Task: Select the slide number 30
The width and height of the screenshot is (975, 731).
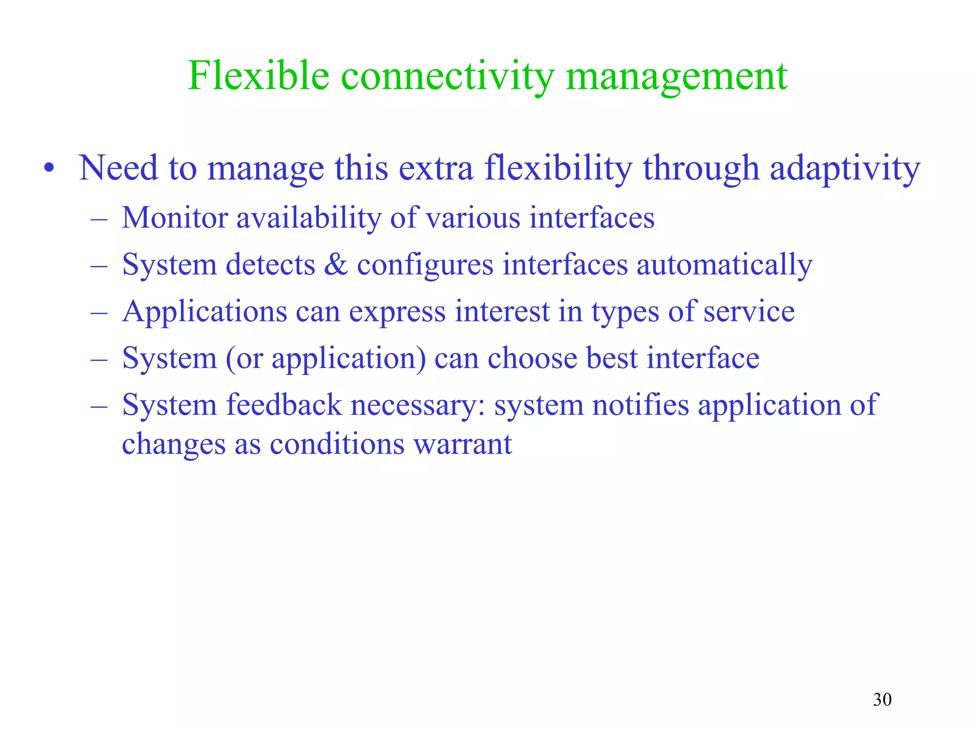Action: (882, 700)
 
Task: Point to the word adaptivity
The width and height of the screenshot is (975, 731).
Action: (845, 169)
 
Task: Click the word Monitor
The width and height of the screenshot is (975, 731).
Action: (175, 218)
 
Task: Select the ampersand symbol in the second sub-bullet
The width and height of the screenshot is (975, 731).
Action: (336, 265)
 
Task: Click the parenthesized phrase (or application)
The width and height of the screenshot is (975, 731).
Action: (326, 358)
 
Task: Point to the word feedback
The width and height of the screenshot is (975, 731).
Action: (284, 405)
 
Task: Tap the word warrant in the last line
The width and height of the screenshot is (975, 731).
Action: (462, 445)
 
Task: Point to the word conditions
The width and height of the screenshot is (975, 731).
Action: (337, 445)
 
